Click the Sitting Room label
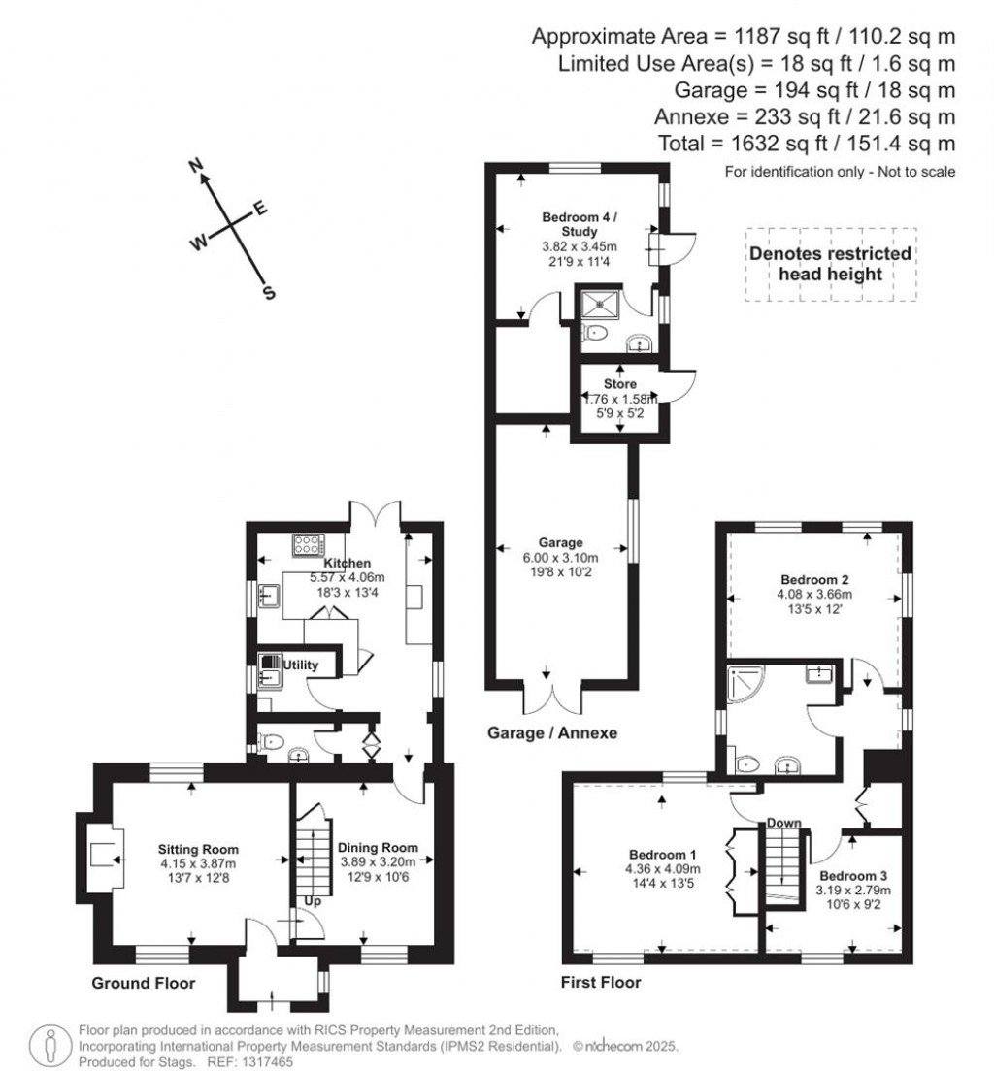click(198, 849)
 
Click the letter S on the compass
click(269, 292)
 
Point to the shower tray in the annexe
click(601, 305)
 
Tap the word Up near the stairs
click(313, 901)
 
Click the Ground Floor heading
click(144, 983)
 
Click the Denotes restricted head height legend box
click(830, 264)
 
